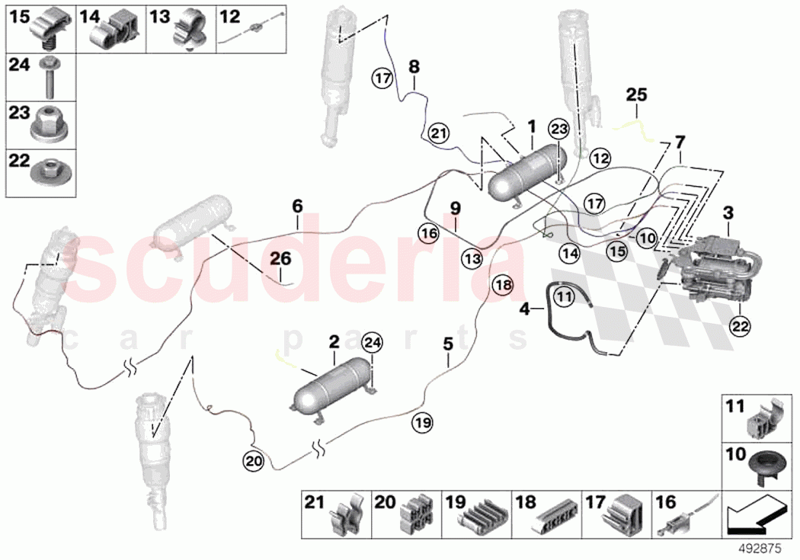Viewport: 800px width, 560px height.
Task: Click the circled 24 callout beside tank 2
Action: [371, 344]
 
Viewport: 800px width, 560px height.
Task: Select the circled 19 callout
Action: [423, 421]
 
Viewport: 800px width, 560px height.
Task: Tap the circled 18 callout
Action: [502, 284]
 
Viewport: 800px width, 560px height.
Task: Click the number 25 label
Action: [636, 95]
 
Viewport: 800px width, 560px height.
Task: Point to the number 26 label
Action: [280, 259]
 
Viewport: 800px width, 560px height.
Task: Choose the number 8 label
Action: [414, 66]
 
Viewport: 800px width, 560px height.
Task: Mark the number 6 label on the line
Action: [297, 205]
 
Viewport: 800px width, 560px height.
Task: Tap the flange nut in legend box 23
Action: [50, 123]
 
